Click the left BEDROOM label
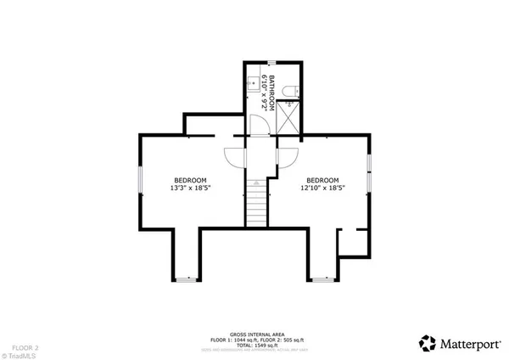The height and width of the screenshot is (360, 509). [191, 180]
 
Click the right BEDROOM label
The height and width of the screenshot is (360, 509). [322, 180]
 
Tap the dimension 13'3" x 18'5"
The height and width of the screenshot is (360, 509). [191, 188]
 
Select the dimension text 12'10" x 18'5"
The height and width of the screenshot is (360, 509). [322, 188]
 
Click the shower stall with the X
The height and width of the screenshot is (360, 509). [289, 116]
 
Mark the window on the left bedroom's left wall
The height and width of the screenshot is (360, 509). [141, 181]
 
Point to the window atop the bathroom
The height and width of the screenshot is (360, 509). [271, 64]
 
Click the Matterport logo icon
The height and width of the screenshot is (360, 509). [428, 343]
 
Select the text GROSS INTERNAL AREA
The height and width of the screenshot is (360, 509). [255, 334]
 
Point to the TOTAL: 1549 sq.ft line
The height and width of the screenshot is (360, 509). [255, 345]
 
